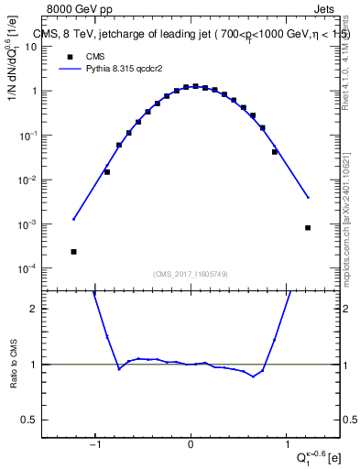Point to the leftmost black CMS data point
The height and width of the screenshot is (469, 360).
click(73, 252)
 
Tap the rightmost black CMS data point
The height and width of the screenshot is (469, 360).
click(308, 228)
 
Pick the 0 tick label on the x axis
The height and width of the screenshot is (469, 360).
click(191, 445)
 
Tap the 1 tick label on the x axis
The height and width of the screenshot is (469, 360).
click(286, 445)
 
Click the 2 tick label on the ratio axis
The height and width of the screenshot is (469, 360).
click(42, 310)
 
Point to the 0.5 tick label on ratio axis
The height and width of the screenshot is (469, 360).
click(38, 420)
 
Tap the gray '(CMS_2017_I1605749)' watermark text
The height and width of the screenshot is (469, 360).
click(191, 274)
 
